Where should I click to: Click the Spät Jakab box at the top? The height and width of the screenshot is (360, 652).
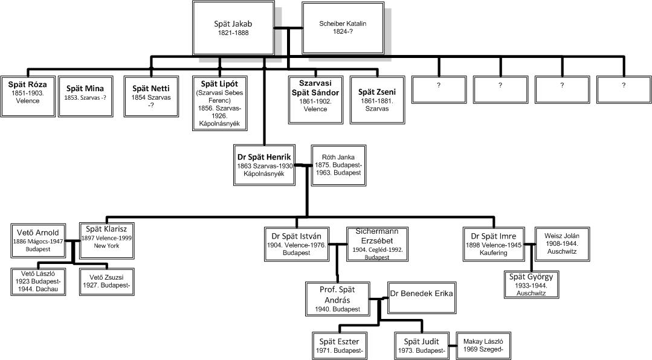point(233,28)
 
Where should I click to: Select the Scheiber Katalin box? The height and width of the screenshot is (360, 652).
point(343,28)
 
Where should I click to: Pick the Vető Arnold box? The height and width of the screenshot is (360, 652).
point(37,240)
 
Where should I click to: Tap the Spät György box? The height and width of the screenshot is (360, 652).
point(531,284)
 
